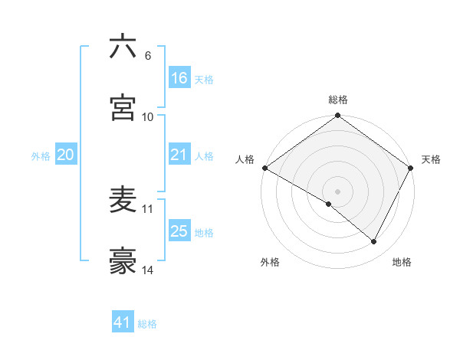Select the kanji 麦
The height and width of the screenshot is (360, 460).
(x=123, y=200)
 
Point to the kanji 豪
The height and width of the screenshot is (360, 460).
(x=123, y=261)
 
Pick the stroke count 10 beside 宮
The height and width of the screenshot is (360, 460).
(x=148, y=116)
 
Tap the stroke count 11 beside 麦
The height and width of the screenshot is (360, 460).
(x=148, y=208)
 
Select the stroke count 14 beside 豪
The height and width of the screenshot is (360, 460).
(x=148, y=270)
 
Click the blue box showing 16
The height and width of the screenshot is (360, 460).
(x=179, y=78)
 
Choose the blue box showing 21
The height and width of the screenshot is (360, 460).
(x=179, y=155)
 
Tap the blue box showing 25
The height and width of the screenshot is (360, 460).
(x=179, y=231)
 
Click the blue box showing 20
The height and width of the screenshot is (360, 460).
(x=66, y=155)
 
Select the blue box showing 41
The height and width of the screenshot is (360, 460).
(x=123, y=322)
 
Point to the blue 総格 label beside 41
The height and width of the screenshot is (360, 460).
(x=147, y=324)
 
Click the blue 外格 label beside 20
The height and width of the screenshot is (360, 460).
(x=41, y=155)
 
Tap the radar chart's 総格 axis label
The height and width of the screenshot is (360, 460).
(x=337, y=100)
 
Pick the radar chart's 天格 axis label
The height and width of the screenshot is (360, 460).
(x=431, y=159)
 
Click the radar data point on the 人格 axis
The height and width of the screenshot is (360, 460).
(x=264, y=168)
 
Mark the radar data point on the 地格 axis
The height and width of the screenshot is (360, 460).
(x=374, y=242)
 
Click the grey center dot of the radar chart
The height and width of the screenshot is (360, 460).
(x=337, y=191)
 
